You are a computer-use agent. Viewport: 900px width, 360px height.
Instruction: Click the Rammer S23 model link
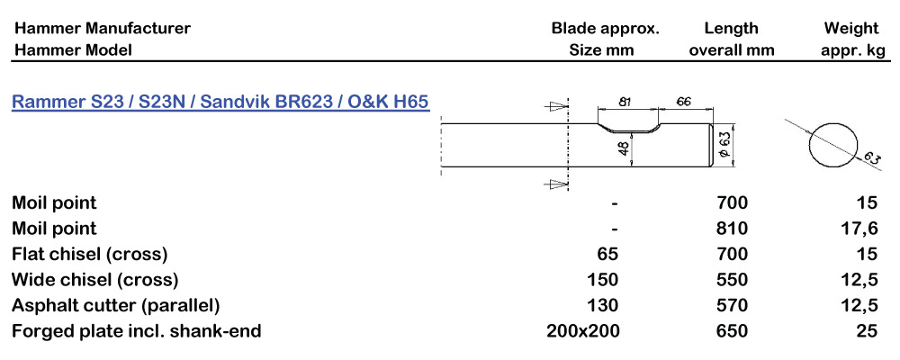click(220, 102)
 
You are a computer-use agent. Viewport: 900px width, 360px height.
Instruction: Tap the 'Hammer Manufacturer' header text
click(102, 28)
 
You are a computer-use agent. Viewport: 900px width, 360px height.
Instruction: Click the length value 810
click(731, 229)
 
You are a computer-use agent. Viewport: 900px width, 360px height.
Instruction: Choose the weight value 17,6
click(859, 229)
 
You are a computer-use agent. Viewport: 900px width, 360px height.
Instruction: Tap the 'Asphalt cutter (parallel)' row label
click(115, 305)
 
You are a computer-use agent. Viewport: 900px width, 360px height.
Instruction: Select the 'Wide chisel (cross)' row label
click(94, 280)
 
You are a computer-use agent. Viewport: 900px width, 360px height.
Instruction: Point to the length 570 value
click(731, 305)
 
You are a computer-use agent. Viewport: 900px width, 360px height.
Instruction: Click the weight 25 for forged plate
click(867, 331)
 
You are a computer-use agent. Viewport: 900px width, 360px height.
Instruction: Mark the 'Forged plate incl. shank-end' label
click(136, 331)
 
